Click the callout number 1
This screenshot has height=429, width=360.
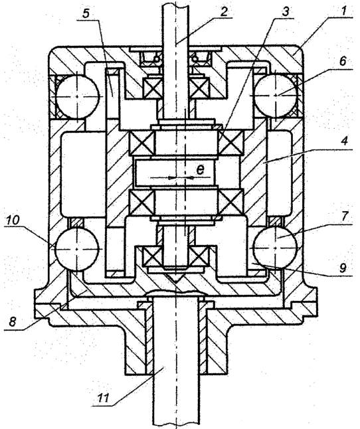coord(344,11)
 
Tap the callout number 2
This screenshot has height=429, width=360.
coord(224,11)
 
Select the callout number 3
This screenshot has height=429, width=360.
coord(286,11)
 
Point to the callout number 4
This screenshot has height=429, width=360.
coord(345,141)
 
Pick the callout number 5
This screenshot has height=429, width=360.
coord(86,13)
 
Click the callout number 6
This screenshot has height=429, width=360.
coord(343,61)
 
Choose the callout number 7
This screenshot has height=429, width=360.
coord(345,216)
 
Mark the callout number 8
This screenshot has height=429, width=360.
coord(13,321)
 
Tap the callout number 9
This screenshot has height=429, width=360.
coord(343,268)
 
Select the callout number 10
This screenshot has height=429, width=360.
coord(12,220)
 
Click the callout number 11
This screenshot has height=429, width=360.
coord(104,398)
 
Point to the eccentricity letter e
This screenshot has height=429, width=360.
coord(200,169)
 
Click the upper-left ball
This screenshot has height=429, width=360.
coord(77,96)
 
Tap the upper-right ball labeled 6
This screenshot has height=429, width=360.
coord(275,95)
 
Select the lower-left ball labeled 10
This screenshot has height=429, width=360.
coord(76,249)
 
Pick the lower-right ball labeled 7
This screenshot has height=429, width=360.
coord(275,247)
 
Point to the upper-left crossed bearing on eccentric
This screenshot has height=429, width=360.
coord(141,143)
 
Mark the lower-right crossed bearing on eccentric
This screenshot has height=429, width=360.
coord(230,202)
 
